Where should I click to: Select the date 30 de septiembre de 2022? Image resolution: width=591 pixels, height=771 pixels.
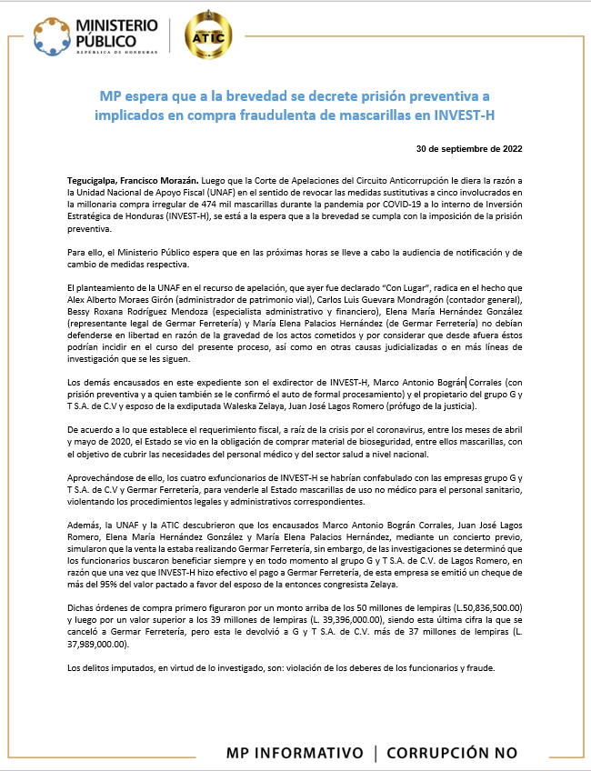(468, 148)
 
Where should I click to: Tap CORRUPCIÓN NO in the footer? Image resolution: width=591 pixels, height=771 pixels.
(452, 753)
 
